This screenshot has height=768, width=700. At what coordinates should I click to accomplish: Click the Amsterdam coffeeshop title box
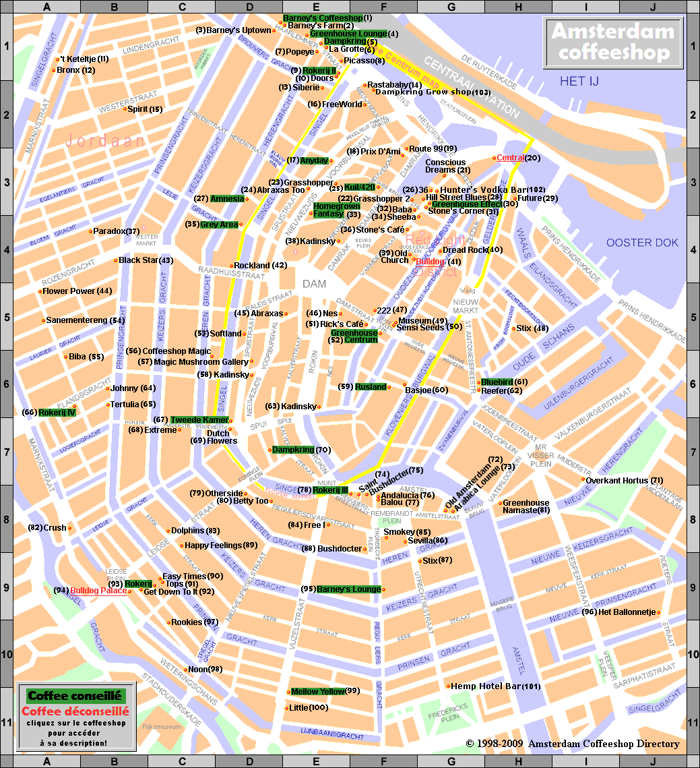click(612, 42)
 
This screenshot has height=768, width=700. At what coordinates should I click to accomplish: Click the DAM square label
click(314, 285)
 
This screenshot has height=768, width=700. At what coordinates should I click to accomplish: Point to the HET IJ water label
click(583, 82)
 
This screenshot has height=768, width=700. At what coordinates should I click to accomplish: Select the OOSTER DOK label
click(641, 243)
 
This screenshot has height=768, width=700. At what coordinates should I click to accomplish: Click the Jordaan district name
click(105, 141)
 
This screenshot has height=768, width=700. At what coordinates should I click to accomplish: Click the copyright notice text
click(572, 744)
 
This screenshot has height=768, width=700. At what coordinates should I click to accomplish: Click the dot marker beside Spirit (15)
click(125, 109)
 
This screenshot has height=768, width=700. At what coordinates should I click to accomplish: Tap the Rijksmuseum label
click(162, 727)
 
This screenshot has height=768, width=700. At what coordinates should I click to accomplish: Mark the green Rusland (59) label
click(371, 386)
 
